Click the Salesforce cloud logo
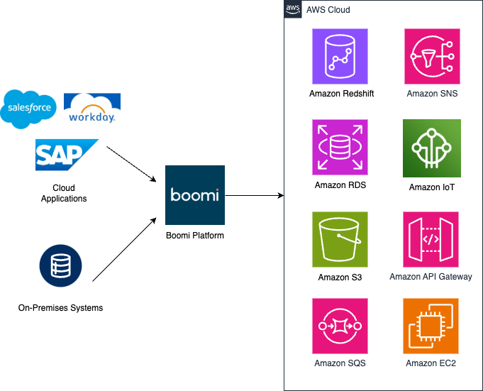click(x=29, y=108)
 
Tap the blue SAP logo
click(x=67, y=155)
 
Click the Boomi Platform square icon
click(x=195, y=195)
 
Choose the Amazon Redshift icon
click(x=340, y=57)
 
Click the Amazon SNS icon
click(x=432, y=57)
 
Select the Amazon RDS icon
click(x=340, y=147)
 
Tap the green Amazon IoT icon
click(x=432, y=148)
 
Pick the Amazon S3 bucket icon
click(x=340, y=239)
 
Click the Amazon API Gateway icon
click(x=431, y=239)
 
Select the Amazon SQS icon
click(x=340, y=326)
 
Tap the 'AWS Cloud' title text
click(x=328, y=10)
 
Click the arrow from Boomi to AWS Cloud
click(x=255, y=195)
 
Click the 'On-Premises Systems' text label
click(x=60, y=308)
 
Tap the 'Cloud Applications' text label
click(x=64, y=193)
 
